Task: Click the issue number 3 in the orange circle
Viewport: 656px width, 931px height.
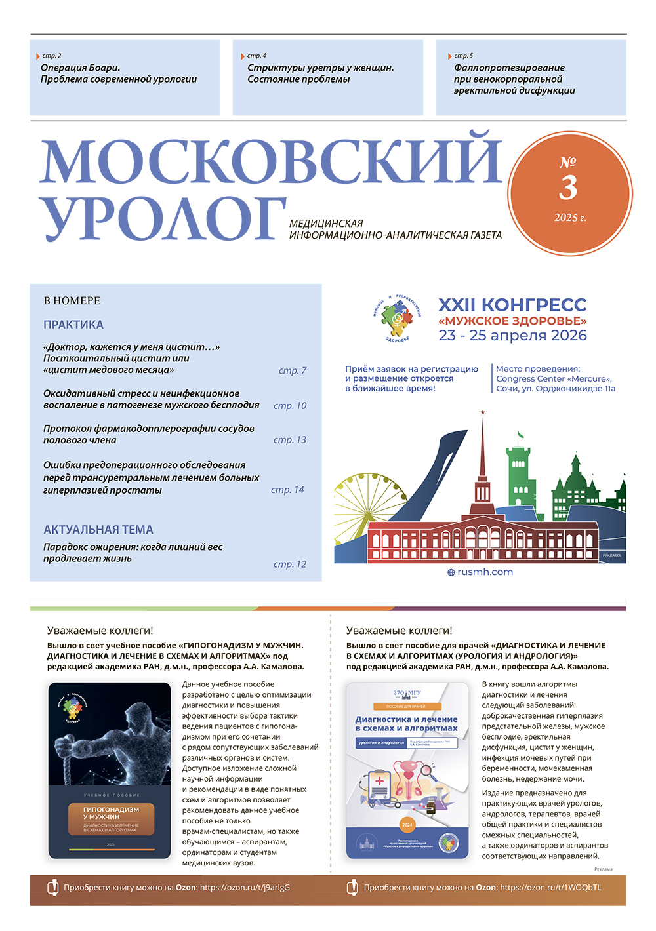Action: [568, 188]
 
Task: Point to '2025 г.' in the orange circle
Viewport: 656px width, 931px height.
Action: [570, 218]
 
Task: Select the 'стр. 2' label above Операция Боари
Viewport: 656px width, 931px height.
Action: [52, 56]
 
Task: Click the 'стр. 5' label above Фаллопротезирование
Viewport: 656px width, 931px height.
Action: [463, 56]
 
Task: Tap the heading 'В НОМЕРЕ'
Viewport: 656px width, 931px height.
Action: [72, 300]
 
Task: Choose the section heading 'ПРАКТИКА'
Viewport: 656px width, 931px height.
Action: [73, 325]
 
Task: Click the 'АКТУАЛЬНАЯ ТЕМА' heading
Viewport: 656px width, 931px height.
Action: [98, 530]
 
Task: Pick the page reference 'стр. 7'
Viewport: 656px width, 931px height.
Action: [293, 370]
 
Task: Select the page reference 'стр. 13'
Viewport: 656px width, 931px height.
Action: [290, 440]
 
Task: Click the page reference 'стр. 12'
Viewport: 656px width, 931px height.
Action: [290, 564]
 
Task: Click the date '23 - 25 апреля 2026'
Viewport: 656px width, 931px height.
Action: [513, 336]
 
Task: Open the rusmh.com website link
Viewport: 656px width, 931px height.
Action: [485, 572]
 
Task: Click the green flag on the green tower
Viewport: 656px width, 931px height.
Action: [521, 435]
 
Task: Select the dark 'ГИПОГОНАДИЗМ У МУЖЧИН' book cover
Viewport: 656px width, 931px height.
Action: [110, 770]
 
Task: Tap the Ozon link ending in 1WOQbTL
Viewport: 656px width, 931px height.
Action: [550, 888]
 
